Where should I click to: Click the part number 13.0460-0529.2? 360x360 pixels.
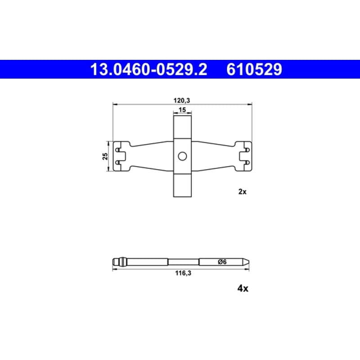[x=149, y=70]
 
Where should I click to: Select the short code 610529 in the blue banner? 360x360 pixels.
[x=254, y=70]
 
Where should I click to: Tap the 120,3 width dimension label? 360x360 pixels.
[x=182, y=100]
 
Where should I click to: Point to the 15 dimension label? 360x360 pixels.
[x=182, y=110]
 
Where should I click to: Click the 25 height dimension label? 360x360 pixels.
[x=105, y=156]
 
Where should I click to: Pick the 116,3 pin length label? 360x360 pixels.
[x=183, y=273]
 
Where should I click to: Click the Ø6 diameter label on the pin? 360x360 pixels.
[x=222, y=262]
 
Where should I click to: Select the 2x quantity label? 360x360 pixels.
[x=242, y=192]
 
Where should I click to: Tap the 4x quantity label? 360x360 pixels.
[x=243, y=288]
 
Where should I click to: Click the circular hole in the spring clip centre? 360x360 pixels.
[x=182, y=156]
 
